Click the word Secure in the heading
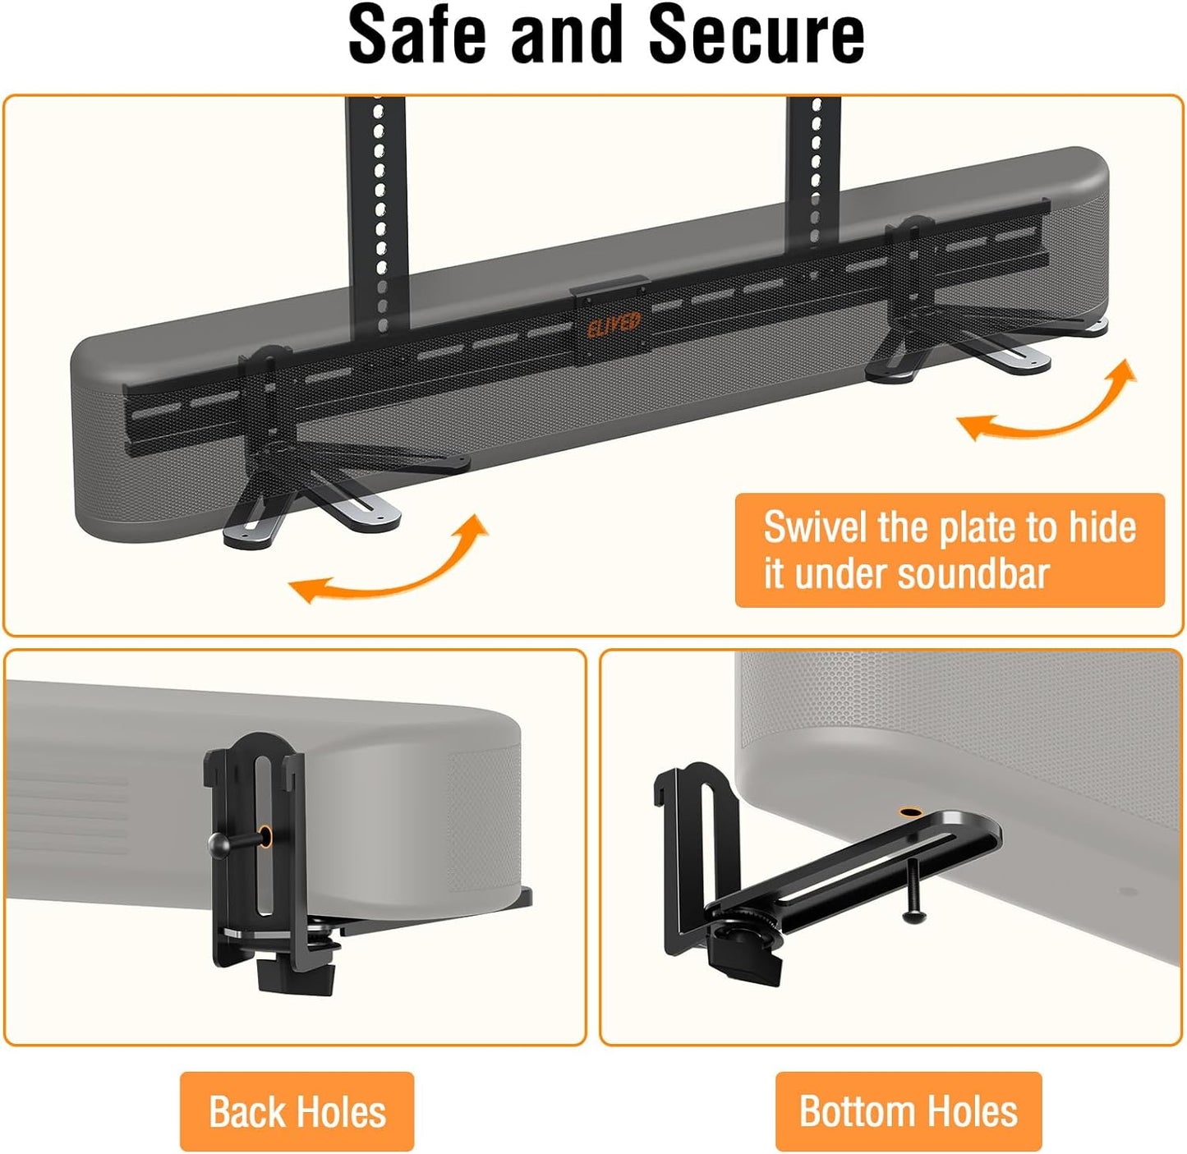coord(756,35)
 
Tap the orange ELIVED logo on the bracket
coord(614,324)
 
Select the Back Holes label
coord(297,1112)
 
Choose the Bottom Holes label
coord(909,1111)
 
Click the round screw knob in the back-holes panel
coord(218,843)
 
